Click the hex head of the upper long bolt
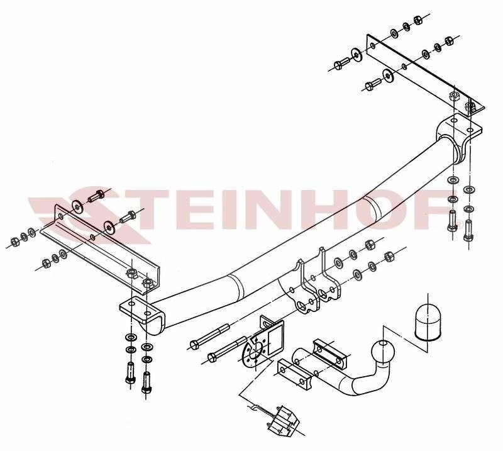(x=194, y=345)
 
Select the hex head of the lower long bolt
(x=213, y=357)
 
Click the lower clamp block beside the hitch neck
(x=294, y=374)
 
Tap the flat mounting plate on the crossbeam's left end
(x=141, y=309)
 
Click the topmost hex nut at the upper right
(x=417, y=20)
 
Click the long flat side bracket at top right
(x=425, y=75)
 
